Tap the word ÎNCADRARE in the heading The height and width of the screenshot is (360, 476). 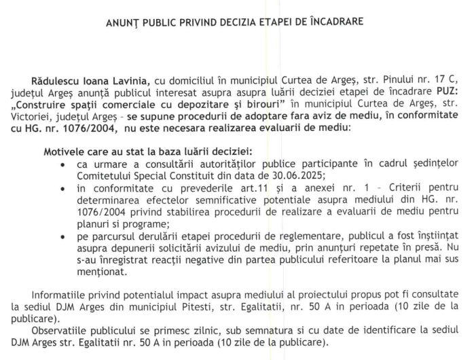pyautogui.click(x=337, y=21)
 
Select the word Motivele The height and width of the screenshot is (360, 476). pyautogui.click(x=65, y=149)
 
